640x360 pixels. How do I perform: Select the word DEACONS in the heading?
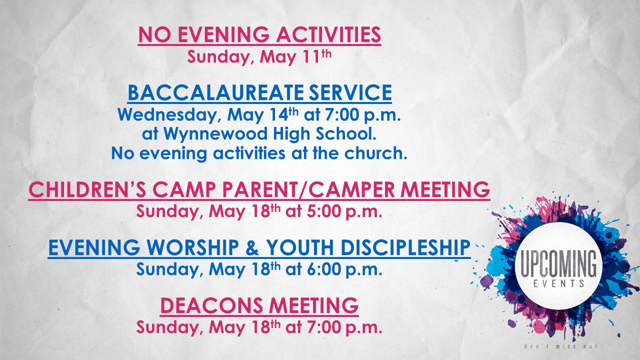tap(211, 305)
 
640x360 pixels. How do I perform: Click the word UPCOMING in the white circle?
tap(558, 264)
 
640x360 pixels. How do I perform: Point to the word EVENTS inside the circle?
tap(559, 283)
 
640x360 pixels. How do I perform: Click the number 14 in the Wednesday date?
tap(279, 114)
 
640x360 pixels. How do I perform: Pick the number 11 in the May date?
tap(311, 56)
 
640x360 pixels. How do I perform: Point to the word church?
tap(375, 153)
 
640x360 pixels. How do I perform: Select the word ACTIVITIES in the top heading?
tap(328, 34)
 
